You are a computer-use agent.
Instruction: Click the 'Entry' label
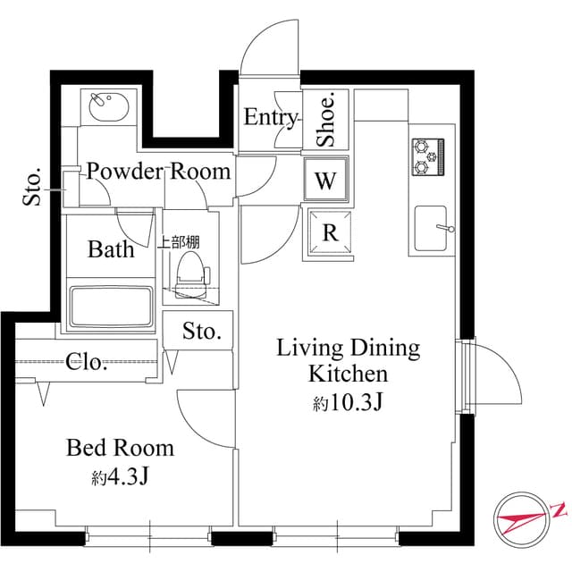click(x=270, y=117)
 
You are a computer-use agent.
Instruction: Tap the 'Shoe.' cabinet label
click(x=326, y=120)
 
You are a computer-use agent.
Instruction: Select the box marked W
click(x=325, y=181)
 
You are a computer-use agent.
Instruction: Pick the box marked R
click(x=329, y=233)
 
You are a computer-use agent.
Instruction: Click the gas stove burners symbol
click(x=428, y=156)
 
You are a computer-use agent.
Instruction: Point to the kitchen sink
click(x=433, y=227)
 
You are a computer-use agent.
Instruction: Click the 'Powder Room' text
click(x=158, y=171)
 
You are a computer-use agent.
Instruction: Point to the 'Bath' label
click(x=111, y=248)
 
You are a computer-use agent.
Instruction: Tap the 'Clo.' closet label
click(x=88, y=362)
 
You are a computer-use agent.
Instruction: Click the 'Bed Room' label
click(x=120, y=447)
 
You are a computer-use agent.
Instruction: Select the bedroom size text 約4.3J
click(x=119, y=477)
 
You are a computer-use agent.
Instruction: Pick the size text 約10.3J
click(x=348, y=403)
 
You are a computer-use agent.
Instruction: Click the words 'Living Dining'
click(x=348, y=348)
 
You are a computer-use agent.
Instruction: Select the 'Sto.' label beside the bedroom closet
click(x=201, y=332)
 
